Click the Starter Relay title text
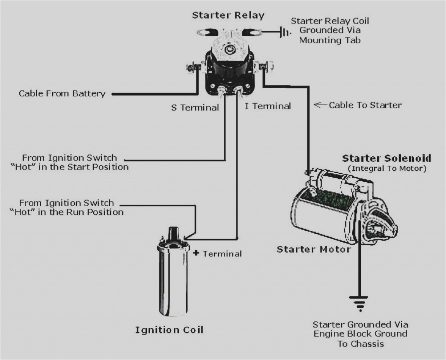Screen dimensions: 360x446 (228, 15)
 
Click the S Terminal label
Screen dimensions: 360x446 (195, 107)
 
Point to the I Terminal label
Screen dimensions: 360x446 (268, 106)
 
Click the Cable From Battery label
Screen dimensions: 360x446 (62, 94)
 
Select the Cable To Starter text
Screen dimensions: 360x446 (365, 105)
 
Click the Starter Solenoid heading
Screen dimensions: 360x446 (386, 158)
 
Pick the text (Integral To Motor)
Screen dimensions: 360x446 (387, 169)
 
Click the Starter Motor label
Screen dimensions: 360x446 (314, 249)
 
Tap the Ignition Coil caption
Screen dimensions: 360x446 (169, 330)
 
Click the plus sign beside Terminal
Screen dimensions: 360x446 (196, 253)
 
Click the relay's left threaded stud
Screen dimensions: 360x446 (191, 68)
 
